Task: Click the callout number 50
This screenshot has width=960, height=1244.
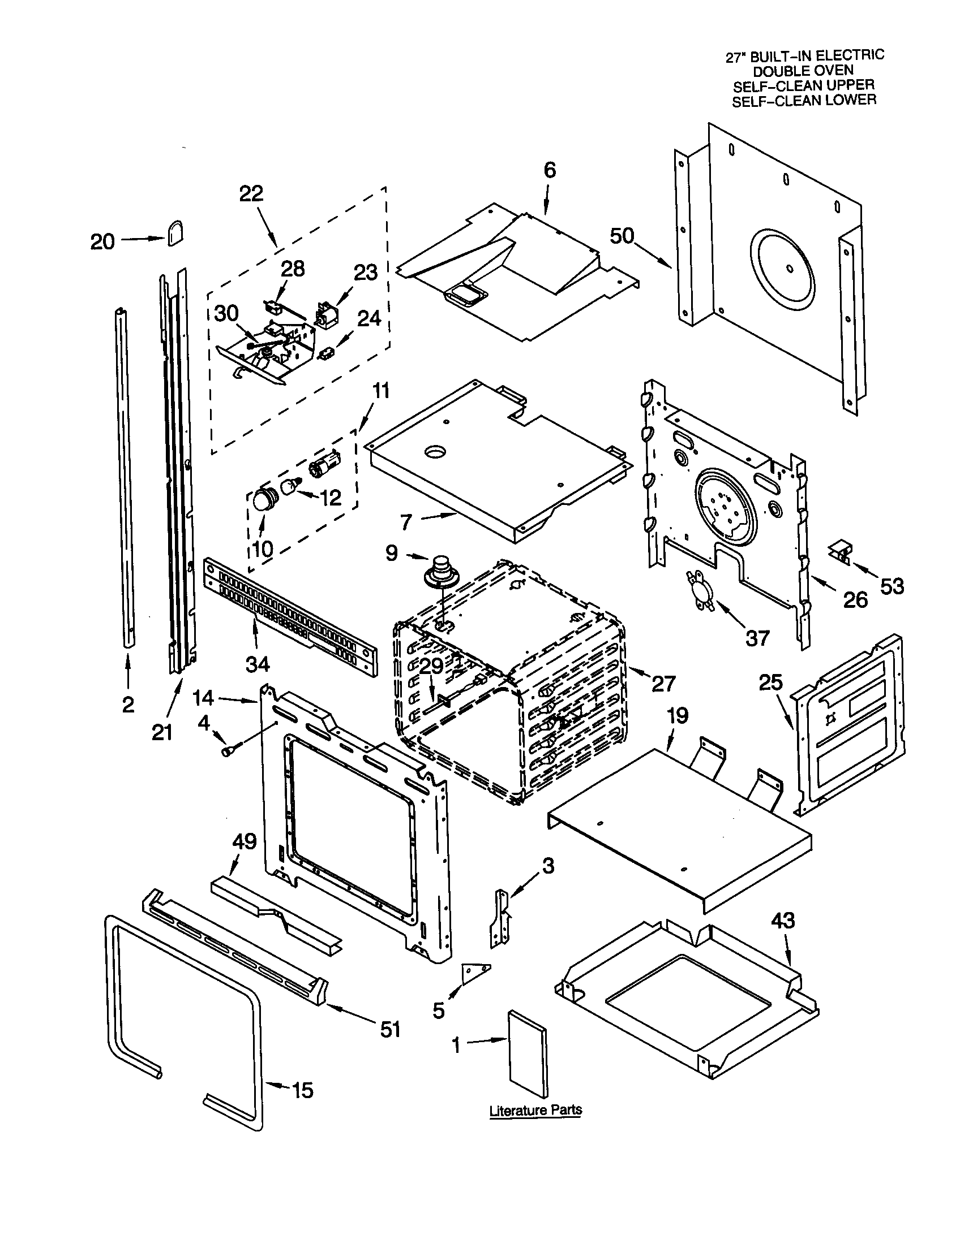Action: pos(622,235)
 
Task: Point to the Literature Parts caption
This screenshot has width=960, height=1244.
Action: pos(535,1110)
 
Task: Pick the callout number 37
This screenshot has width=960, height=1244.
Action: pos(757,638)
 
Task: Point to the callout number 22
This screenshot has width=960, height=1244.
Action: pos(251,193)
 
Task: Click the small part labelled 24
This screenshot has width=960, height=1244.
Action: pos(327,354)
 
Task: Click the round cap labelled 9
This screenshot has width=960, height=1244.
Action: pos(438,571)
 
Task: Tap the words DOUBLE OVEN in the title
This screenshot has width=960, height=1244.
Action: pos(803,71)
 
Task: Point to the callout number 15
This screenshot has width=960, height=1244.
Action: pos(302,1090)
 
